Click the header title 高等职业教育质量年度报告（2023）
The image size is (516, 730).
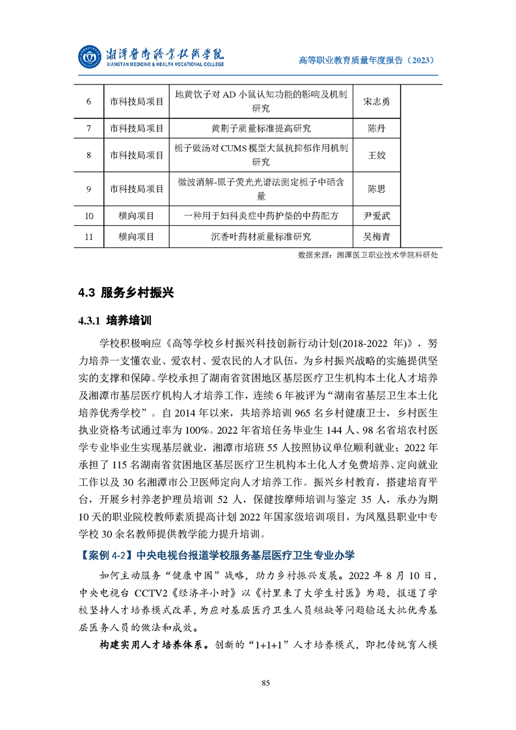366,60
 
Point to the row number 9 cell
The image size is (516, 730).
88,189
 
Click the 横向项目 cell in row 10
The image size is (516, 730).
136,215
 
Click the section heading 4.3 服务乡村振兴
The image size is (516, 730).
126,293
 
